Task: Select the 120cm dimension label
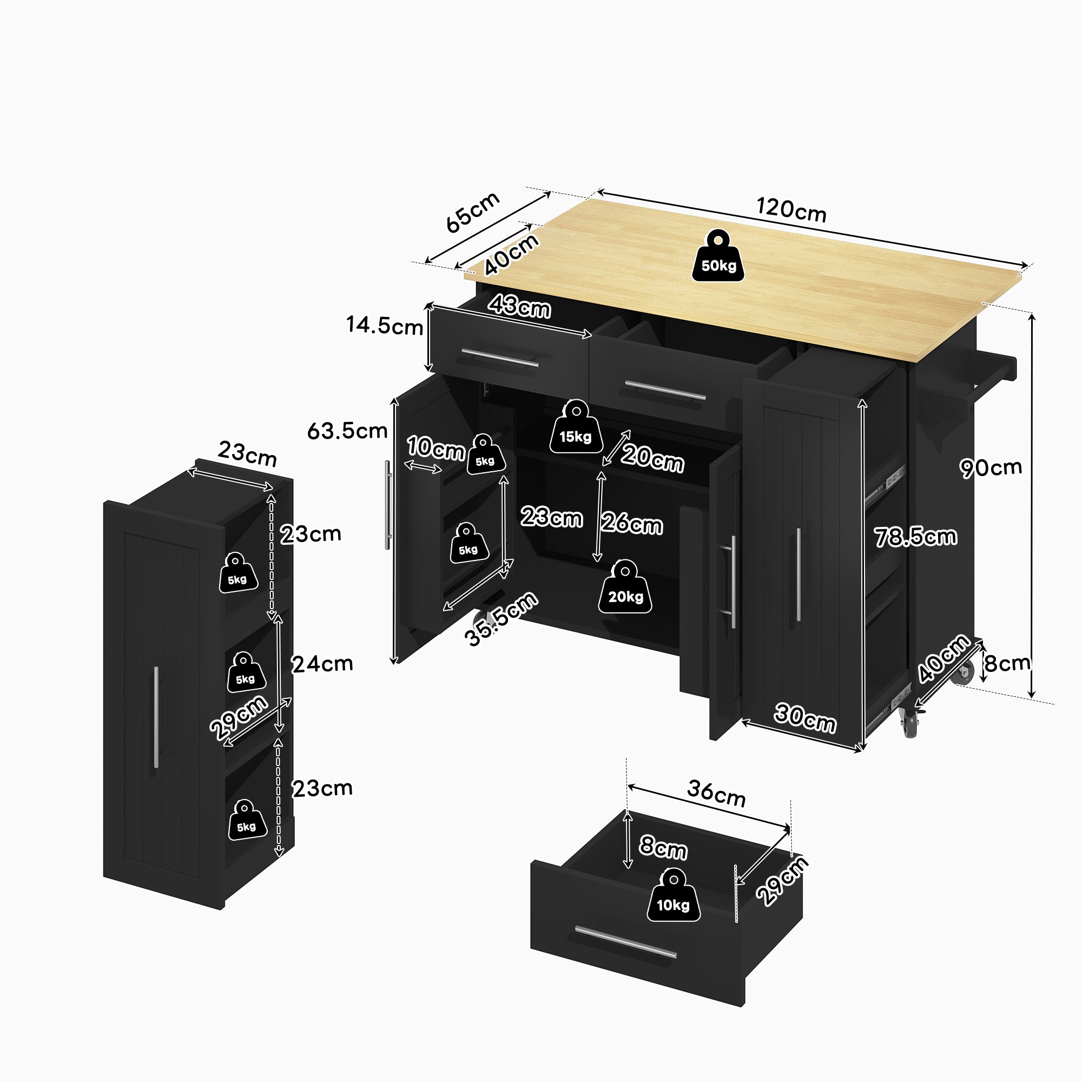tap(791, 210)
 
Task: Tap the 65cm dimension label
tap(472, 212)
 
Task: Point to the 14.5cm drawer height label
tap(384, 325)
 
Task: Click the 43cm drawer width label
tap(519, 307)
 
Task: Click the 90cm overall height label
tap(991, 467)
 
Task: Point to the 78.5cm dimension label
tap(916, 537)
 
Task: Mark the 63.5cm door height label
tap(347, 431)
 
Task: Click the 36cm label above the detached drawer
tap(716, 793)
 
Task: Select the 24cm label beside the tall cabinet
tap(322, 664)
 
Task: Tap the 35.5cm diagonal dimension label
tap(502, 619)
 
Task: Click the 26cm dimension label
tap(632, 524)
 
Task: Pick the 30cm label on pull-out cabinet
tap(806, 718)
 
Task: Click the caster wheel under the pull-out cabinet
tap(909, 723)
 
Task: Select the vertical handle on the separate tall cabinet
tap(156, 717)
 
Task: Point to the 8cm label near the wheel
tap(1007, 663)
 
